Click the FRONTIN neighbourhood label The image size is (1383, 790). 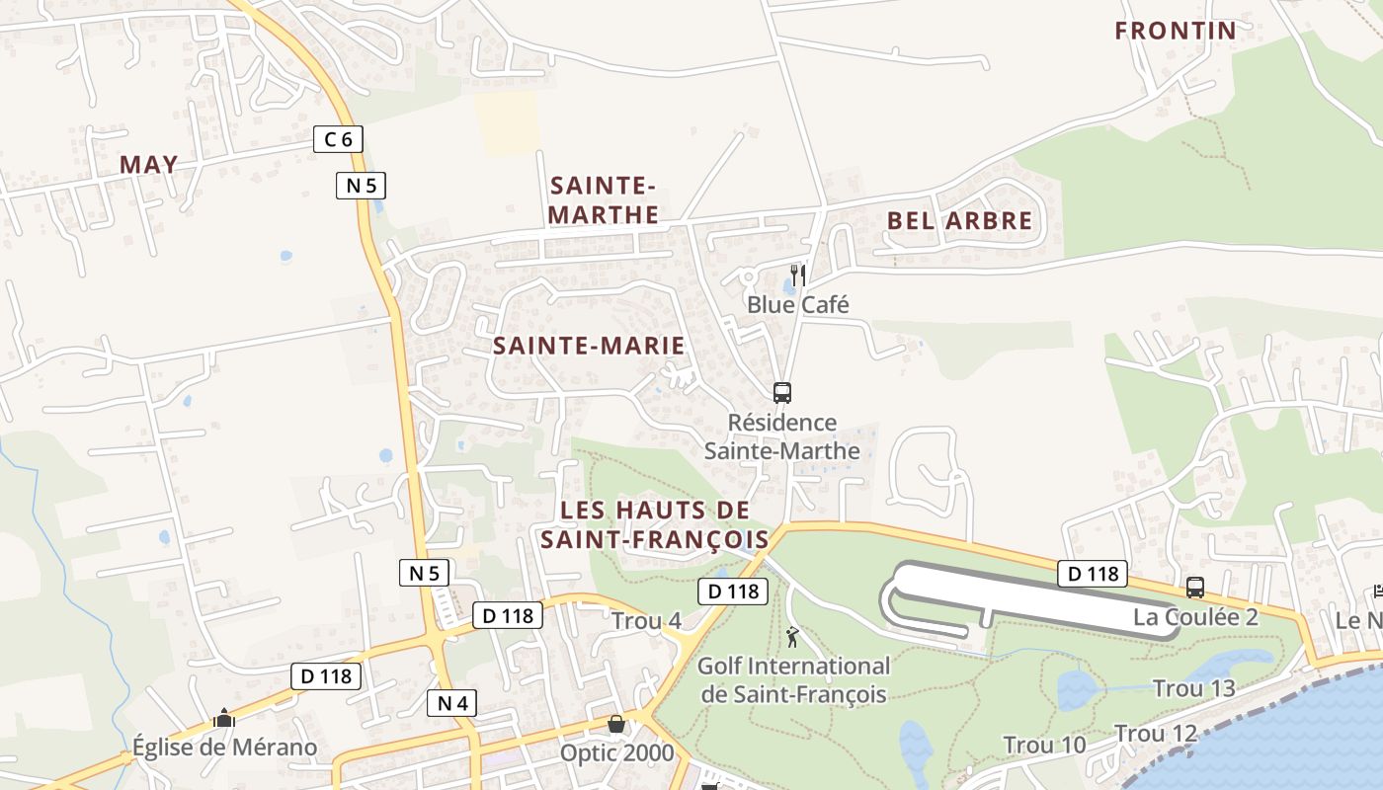pyautogui.click(x=1175, y=31)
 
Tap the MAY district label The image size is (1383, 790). pyautogui.click(x=148, y=165)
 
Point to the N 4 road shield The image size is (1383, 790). pyautogui.click(x=452, y=703)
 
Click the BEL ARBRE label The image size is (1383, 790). pyautogui.click(x=959, y=220)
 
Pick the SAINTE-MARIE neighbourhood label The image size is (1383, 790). pyautogui.click(x=588, y=346)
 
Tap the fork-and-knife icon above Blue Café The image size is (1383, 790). pyautogui.click(x=798, y=275)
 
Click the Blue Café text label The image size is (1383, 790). pyautogui.click(x=797, y=304)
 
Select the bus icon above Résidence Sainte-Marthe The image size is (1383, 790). pyautogui.click(x=782, y=393)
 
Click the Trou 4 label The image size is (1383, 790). pyautogui.click(x=646, y=621)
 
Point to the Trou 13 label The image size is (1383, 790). pyautogui.click(x=1193, y=688)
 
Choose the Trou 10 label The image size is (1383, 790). pyautogui.click(x=1044, y=745)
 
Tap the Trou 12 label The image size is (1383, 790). pyautogui.click(x=1156, y=734)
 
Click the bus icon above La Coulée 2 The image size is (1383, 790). pyautogui.click(x=1195, y=588)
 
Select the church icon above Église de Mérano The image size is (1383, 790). pyautogui.click(x=224, y=718)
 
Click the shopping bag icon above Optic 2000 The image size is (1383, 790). pyautogui.click(x=616, y=725)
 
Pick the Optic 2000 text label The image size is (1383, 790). pyautogui.click(x=616, y=753)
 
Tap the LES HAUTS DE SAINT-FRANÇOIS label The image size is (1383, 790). pyautogui.click(x=653, y=524)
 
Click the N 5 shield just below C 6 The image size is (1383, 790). pyautogui.click(x=361, y=185)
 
